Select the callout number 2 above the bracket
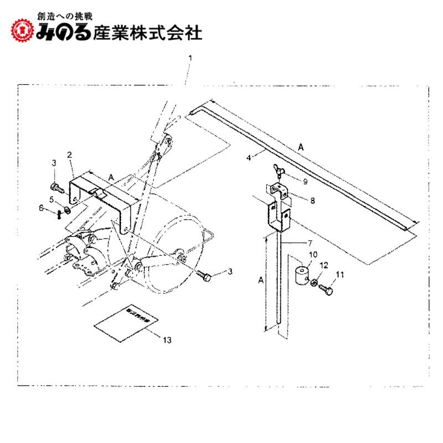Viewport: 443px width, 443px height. pyautogui.click(x=70, y=154)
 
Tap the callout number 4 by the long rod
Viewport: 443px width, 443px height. pyautogui.click(x=249, y=157)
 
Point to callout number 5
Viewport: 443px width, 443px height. pyautogui.click(x=51, y=199)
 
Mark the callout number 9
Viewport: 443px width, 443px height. pyautogui.click(x=305, y=181)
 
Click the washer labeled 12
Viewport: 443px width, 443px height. pyautogui.click(x=314, y=283)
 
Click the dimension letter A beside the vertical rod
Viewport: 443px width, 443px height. pyautogui.click(x=261, y=281)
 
